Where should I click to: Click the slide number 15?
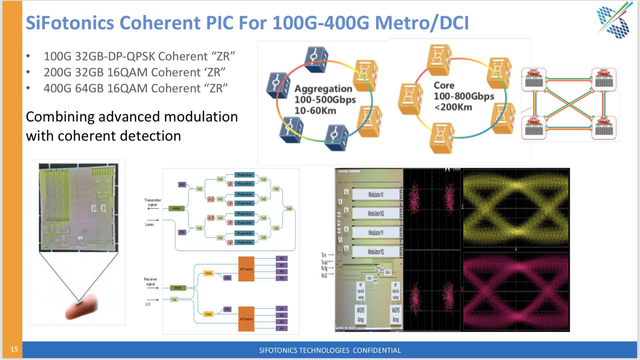14,349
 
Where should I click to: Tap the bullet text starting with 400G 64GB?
135,88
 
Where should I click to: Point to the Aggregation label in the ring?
323,89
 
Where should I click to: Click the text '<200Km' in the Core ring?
453,107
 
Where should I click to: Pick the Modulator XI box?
375,194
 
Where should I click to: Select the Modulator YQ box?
375,252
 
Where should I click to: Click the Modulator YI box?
375,233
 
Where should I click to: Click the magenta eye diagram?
516,292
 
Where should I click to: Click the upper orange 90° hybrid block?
246,269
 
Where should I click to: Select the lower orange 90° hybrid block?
246,319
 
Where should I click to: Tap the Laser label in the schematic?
149,225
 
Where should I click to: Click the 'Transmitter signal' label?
153,202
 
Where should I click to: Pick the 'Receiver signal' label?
151,282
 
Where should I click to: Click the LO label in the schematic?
148,304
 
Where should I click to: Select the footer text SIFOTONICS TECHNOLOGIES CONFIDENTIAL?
330,350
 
